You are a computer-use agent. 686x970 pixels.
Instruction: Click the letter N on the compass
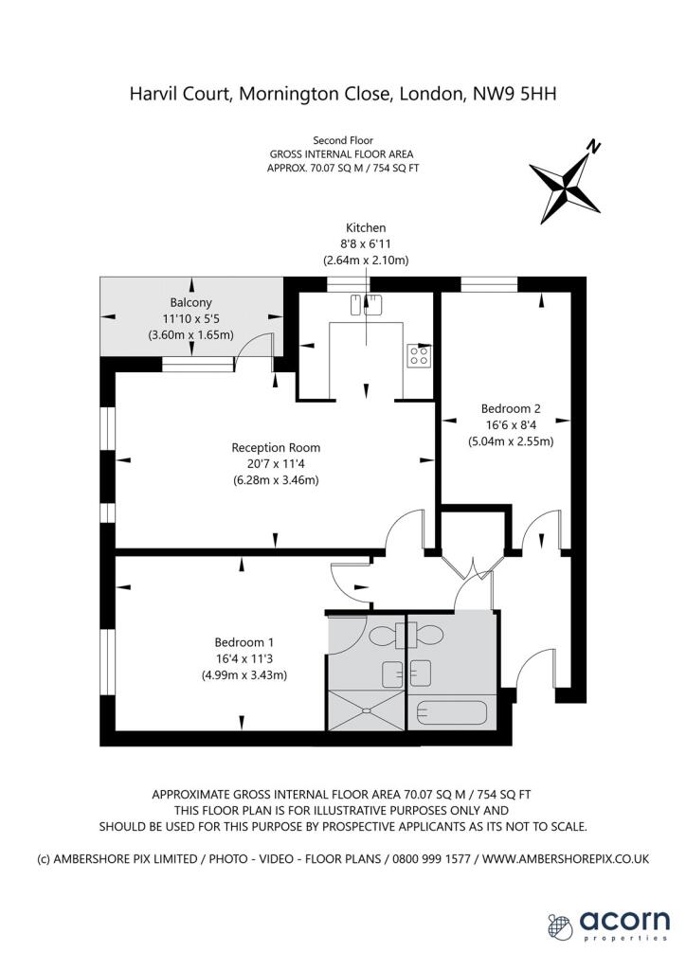click(594, 147)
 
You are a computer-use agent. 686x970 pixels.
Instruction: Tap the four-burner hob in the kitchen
click(419, 355)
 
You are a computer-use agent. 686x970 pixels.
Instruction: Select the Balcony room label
click(191, 302)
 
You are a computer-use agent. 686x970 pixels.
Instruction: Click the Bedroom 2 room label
click(511, 408)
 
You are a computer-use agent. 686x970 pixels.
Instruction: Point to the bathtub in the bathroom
click(452, 712)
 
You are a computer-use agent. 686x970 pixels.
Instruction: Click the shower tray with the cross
click(366, 710)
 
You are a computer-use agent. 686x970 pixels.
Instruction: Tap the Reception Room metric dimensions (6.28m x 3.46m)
click(276, 480)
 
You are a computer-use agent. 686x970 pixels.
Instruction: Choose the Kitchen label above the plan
click(366, 227)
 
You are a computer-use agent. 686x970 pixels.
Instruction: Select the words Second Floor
click(343, 140)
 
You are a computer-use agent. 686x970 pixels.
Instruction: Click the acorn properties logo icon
click(560, 926)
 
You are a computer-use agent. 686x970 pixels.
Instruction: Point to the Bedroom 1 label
click(244, 642)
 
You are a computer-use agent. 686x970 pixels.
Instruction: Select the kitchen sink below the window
click(366, 304)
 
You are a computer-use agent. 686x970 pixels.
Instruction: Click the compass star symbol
click(565, 187)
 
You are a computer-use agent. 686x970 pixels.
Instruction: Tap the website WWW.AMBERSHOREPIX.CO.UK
click(566, 858)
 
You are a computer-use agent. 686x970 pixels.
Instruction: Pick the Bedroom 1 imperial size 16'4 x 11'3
click(244, 659)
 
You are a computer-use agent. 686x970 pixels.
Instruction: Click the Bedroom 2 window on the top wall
click(489, 283)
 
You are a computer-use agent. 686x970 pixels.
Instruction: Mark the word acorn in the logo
click(624, 921)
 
